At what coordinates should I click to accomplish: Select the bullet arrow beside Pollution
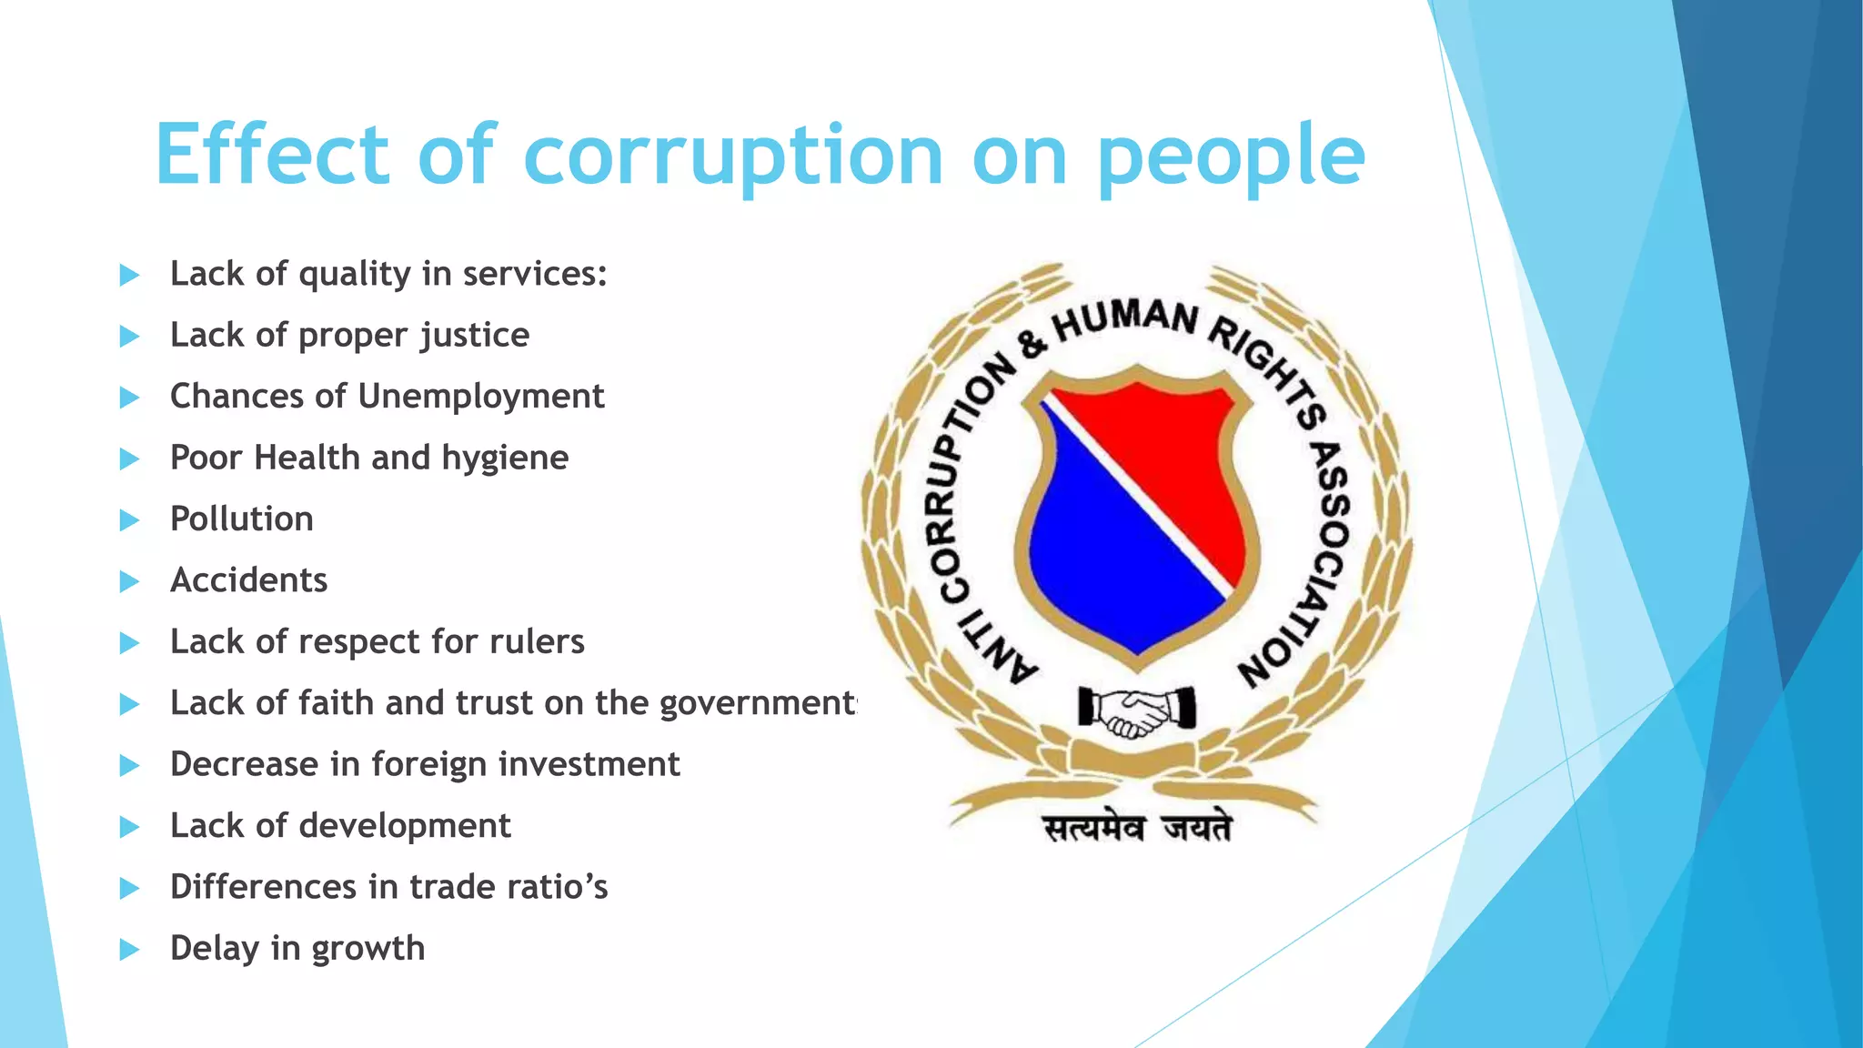coord(129,520)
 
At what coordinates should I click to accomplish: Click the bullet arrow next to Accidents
coord(129,581)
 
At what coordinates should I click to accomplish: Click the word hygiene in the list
coord(505,458)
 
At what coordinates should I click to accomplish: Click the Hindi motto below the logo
coord(1137,829)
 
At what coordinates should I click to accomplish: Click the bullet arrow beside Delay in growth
coord(129,950)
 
